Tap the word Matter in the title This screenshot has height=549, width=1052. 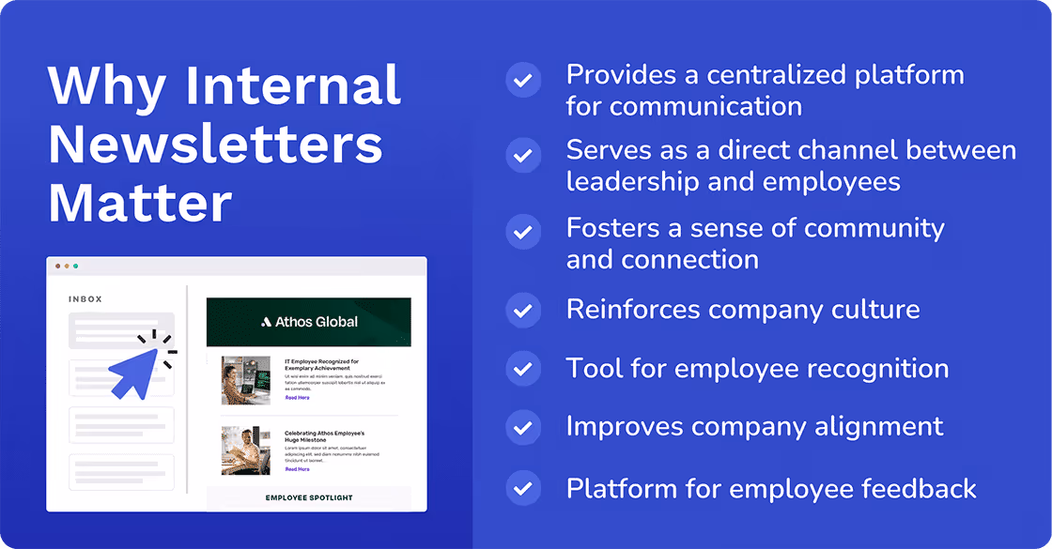point(140,203)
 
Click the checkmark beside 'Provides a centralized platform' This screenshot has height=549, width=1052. point(523,80)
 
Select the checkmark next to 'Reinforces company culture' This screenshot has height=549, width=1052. point(523,309)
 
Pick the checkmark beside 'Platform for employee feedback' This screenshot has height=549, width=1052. point(523,488)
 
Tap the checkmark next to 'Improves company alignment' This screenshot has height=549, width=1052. point(523,427)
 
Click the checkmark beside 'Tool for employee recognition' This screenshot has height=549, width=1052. point(523,368)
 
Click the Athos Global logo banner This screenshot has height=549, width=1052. point(309,322)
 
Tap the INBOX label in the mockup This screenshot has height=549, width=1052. point(85,299)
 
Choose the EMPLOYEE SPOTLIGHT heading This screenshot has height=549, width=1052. point(309,497)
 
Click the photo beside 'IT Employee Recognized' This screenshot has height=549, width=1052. point(245,379)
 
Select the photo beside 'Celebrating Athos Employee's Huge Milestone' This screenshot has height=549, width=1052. point(245,450)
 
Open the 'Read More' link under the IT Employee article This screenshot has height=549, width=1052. point(297,398)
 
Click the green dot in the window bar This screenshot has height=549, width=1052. point(76,267)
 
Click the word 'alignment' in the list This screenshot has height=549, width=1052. point(883,427)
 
